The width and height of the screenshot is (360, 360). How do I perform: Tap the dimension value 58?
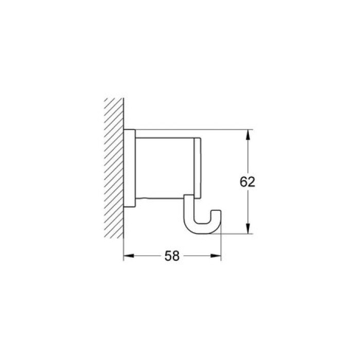click(172, 256)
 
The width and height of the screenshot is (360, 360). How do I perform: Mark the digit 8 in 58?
click(177, 256)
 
